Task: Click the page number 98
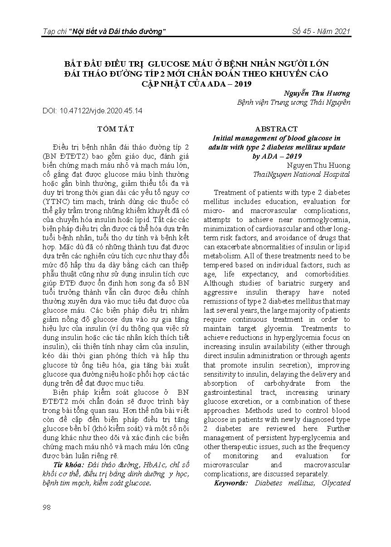click(46, 507)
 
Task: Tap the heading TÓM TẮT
click(116, 129)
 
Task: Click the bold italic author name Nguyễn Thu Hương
click(317, 93)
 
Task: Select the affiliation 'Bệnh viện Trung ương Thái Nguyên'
click(294, 102)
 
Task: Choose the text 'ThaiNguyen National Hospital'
click(302, 174)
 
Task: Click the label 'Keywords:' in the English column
click(232, 483)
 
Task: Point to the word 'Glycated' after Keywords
click(337, 483)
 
